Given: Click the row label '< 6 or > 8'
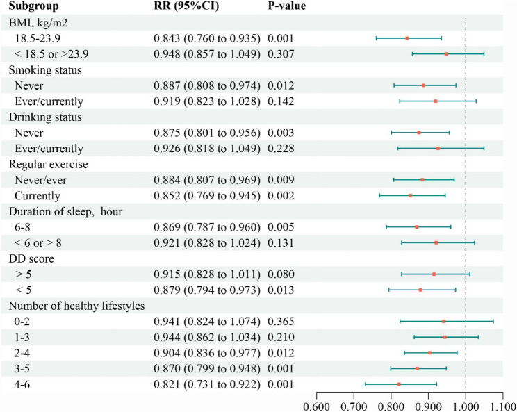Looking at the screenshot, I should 49,242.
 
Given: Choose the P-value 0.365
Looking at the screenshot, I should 280,321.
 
